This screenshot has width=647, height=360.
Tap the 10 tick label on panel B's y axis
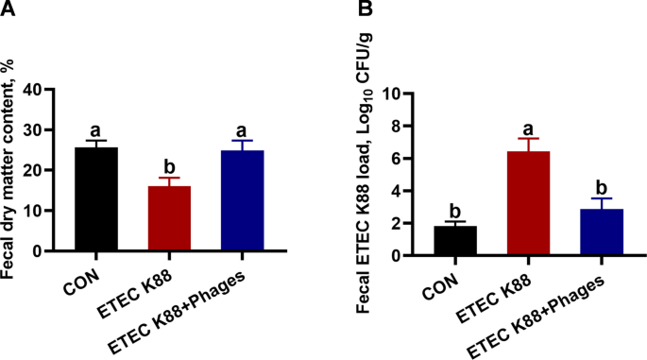click(x=396, y=94)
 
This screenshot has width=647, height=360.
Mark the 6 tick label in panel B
click(x=401, y=158)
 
